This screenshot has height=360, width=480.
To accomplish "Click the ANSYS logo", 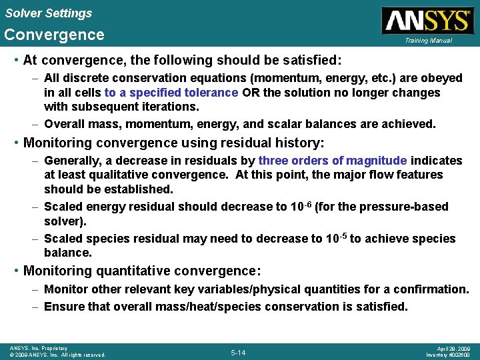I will pos(426,20).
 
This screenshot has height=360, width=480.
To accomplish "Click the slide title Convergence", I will pos(54,35).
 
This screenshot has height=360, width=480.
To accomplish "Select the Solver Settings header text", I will pos(48,13).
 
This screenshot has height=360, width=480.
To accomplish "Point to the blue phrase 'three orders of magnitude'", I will pos(333,161).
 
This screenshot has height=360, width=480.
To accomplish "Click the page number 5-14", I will pos(238,352).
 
